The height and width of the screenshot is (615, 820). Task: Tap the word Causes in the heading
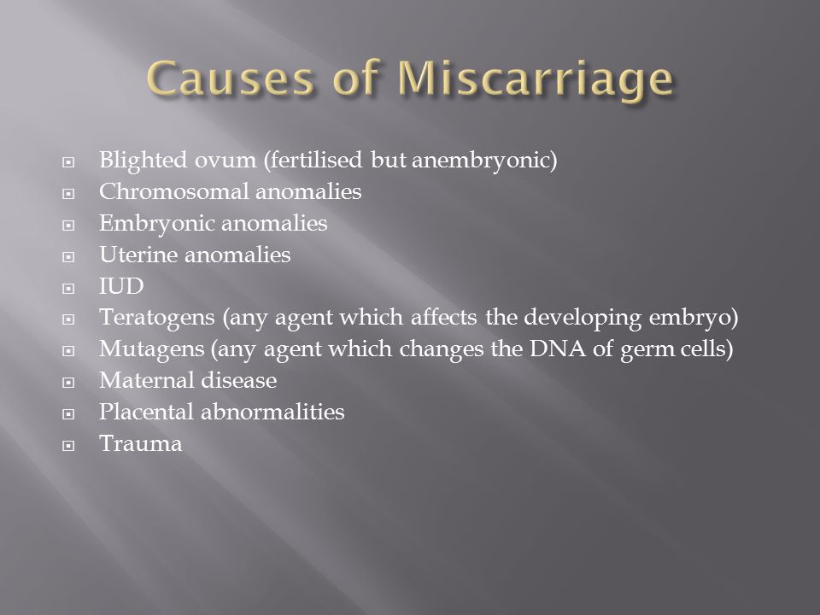point(230,79)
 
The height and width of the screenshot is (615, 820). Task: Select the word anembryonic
point(484,160)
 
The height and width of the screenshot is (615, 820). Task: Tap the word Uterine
point(138,255)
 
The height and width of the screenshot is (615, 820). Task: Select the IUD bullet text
point(121,287)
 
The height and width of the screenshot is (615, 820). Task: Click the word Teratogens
point(157,318)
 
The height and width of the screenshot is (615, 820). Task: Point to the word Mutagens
point(152,349)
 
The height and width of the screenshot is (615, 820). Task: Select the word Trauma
point(141,444)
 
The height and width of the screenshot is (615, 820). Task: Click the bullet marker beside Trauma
point(68,446)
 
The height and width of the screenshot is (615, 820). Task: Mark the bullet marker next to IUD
point(68,289)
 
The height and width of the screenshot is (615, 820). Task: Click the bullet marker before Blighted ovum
point(68,162)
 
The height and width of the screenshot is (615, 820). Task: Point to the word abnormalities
point(273,412)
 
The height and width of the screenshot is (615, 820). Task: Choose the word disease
point(239,380)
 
